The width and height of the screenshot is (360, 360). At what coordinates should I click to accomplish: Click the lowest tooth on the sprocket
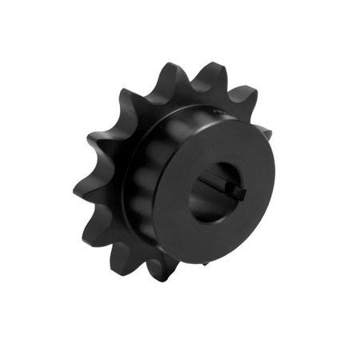(159, 270)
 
